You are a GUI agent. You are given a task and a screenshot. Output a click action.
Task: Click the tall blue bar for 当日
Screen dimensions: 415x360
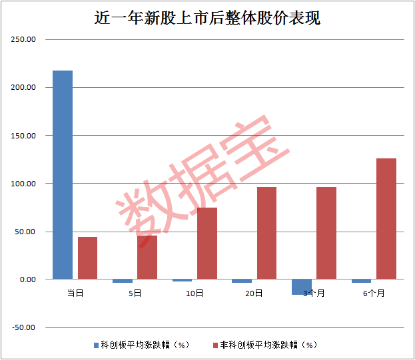pos(63,175)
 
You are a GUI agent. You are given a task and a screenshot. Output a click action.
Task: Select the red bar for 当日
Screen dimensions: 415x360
pos(88,258)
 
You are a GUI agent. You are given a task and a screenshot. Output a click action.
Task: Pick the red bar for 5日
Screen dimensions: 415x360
pos(147,257)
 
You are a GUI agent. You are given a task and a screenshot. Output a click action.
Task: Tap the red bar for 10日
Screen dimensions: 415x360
pos(207,243)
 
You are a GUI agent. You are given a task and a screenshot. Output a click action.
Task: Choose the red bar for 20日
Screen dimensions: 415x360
pos(266,233)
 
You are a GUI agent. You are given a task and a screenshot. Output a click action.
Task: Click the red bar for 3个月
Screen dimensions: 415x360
pos(326,233)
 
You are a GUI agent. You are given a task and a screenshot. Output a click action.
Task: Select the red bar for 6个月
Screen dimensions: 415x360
pos(386,219)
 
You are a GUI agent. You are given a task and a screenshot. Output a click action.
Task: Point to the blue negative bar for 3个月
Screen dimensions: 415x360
pos(302,287)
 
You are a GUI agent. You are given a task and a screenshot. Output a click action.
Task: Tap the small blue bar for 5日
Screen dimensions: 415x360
pos(123,281)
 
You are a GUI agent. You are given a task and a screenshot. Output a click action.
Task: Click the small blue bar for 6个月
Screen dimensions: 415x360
pos(361,281)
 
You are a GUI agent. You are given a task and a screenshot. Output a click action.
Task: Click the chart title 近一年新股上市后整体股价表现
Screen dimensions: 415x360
pos(207,18)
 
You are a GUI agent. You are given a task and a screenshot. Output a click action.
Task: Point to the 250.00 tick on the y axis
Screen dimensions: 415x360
pos(23,39)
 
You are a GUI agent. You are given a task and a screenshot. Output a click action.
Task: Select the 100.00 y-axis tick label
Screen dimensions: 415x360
pos(23,184)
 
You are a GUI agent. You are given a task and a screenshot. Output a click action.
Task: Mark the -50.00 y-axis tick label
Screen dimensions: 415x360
pos(23,327)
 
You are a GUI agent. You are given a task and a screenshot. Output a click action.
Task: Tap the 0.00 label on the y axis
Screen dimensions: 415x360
pos(28,279)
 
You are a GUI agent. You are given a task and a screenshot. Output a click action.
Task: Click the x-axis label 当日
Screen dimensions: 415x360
pos(75,293)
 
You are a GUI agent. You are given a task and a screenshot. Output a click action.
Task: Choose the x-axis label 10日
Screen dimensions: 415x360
pos(195,293)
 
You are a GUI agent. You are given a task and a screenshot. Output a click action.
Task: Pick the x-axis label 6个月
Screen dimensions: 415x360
pos(374,293)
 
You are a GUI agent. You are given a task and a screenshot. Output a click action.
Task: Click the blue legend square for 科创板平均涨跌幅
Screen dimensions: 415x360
pos(97,345)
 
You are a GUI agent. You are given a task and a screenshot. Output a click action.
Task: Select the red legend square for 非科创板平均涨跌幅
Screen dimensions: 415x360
pos(215,345)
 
